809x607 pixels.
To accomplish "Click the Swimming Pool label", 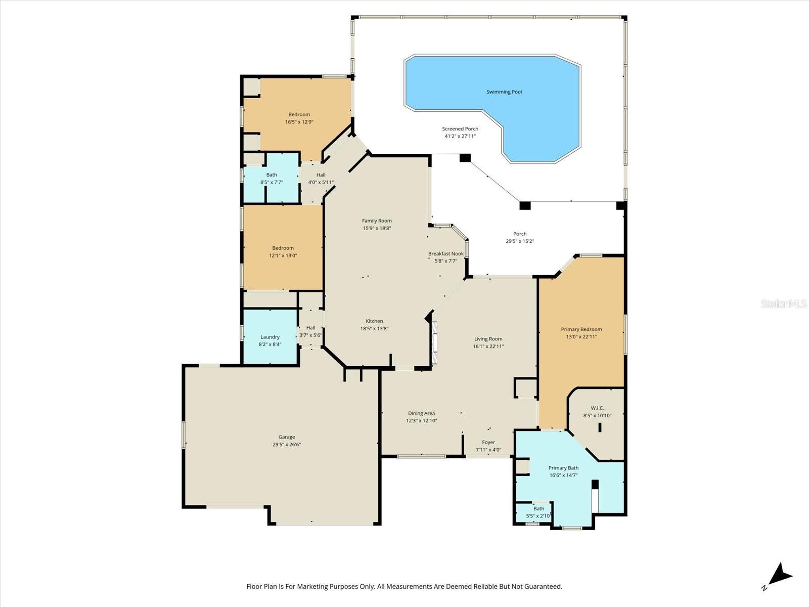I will click(504, 92).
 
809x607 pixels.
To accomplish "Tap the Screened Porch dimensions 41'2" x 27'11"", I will click(460, 136).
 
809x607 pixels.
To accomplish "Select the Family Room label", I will click(377, 221).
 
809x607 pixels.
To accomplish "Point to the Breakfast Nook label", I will click(445, 254).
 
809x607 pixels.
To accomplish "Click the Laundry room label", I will click(270, 337).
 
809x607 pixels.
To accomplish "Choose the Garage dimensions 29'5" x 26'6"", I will click(287, 445).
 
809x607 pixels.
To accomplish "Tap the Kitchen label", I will click(374, 321).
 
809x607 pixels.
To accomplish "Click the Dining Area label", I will click(421, 413).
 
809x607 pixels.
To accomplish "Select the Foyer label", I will click(488, 442).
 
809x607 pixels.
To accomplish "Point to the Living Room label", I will click(488, 339).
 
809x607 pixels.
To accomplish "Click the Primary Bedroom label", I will click(581, 329).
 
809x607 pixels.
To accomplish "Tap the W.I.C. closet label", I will click(597, 408).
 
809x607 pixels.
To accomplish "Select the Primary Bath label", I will click(563, 468).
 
